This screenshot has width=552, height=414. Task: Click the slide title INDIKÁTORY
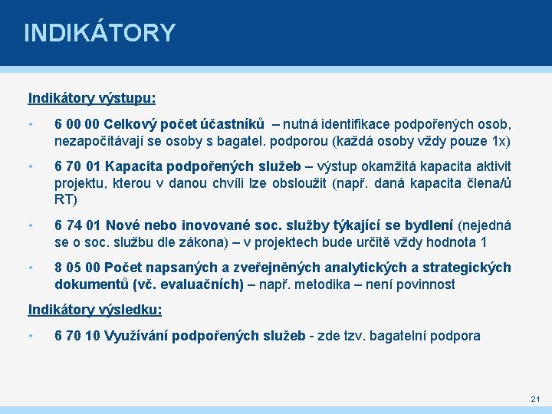point(100,33)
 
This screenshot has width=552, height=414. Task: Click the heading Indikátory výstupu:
point(92,98)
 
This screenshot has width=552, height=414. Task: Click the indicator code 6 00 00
point(77,123)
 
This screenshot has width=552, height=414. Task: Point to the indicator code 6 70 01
point(77,166)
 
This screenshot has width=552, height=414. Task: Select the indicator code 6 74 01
point(77,225)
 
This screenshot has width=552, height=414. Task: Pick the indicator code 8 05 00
point(77,268)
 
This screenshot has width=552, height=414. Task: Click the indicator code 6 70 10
point(77,335)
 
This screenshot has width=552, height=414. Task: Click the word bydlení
point(426,225)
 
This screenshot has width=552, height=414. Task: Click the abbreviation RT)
point(65,200)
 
